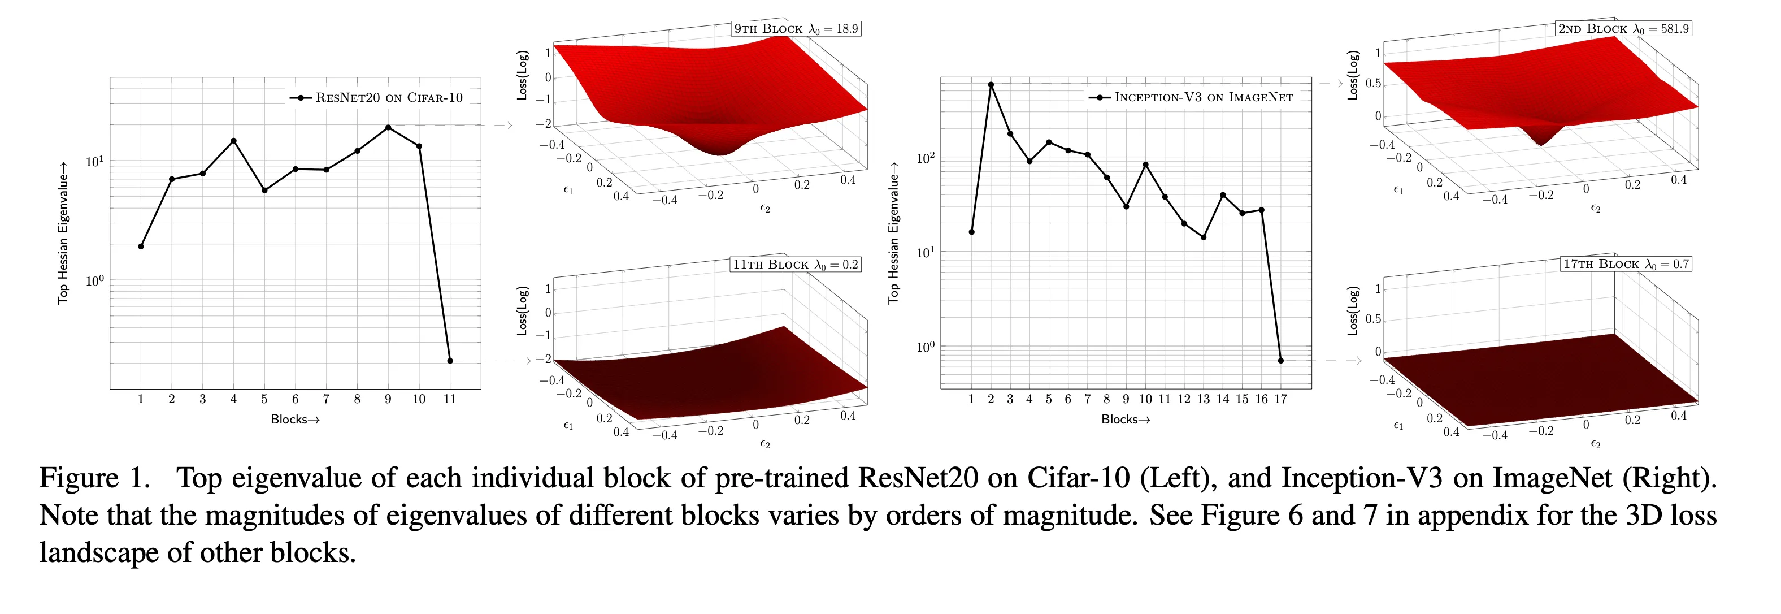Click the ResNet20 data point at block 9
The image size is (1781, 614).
click(388, 127)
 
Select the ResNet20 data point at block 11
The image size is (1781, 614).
click(450, 360)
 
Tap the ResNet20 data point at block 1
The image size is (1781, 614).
click(141, 246)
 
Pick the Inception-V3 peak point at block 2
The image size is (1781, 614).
click(991, 84)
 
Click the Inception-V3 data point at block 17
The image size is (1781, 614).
click(1280, 360)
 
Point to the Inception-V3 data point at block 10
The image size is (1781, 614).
click(1146, 165)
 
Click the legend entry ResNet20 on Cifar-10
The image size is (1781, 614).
click(377, 97)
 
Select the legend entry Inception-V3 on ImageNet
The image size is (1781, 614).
click(1191, 97)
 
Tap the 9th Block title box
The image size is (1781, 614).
click(796, 28)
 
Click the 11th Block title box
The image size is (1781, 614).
click(796, 264)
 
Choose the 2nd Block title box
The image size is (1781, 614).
click(1623, 28)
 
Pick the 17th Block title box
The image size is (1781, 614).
click(1626, 263)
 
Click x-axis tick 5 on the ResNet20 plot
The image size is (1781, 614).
click(264, 399)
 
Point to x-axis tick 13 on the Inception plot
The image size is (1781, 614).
click(1203, 399)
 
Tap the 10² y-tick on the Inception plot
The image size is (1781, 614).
click(925, 158)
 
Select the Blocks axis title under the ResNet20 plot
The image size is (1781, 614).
click(295, 419)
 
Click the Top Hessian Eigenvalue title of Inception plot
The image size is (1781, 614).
click(893, 233)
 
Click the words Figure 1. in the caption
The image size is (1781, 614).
click(95, 478)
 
